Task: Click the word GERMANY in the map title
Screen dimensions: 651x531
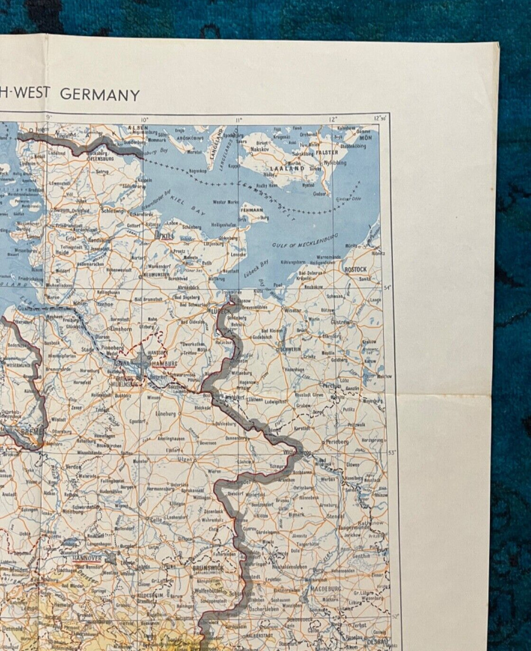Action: [100, 94]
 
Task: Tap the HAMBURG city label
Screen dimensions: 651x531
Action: [165, 363]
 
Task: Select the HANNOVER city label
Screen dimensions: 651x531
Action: [87, 558]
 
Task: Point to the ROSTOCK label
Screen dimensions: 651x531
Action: [355, 269]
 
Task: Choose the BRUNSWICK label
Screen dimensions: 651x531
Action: [208, 567]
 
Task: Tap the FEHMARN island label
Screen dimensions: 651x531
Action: [252, 209]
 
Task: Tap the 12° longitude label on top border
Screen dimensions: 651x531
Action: [332, 119]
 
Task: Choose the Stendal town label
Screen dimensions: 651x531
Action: [335, 516]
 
